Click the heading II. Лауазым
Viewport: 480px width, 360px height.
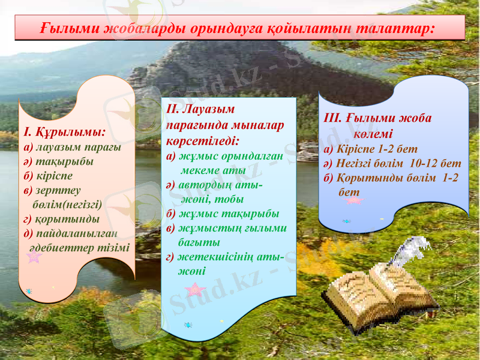click(x=201, y=110)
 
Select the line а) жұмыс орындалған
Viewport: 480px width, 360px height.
click(x=224, y=156)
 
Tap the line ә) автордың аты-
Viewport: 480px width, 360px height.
click(x=218, y=185)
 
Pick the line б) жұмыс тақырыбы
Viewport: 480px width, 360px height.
click(x=222, y=214)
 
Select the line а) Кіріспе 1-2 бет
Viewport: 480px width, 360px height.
click(x=370, y=148)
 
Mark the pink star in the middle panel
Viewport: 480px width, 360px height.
click(x=195, y=290)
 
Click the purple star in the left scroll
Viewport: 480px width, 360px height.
click(x=34, y=257)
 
